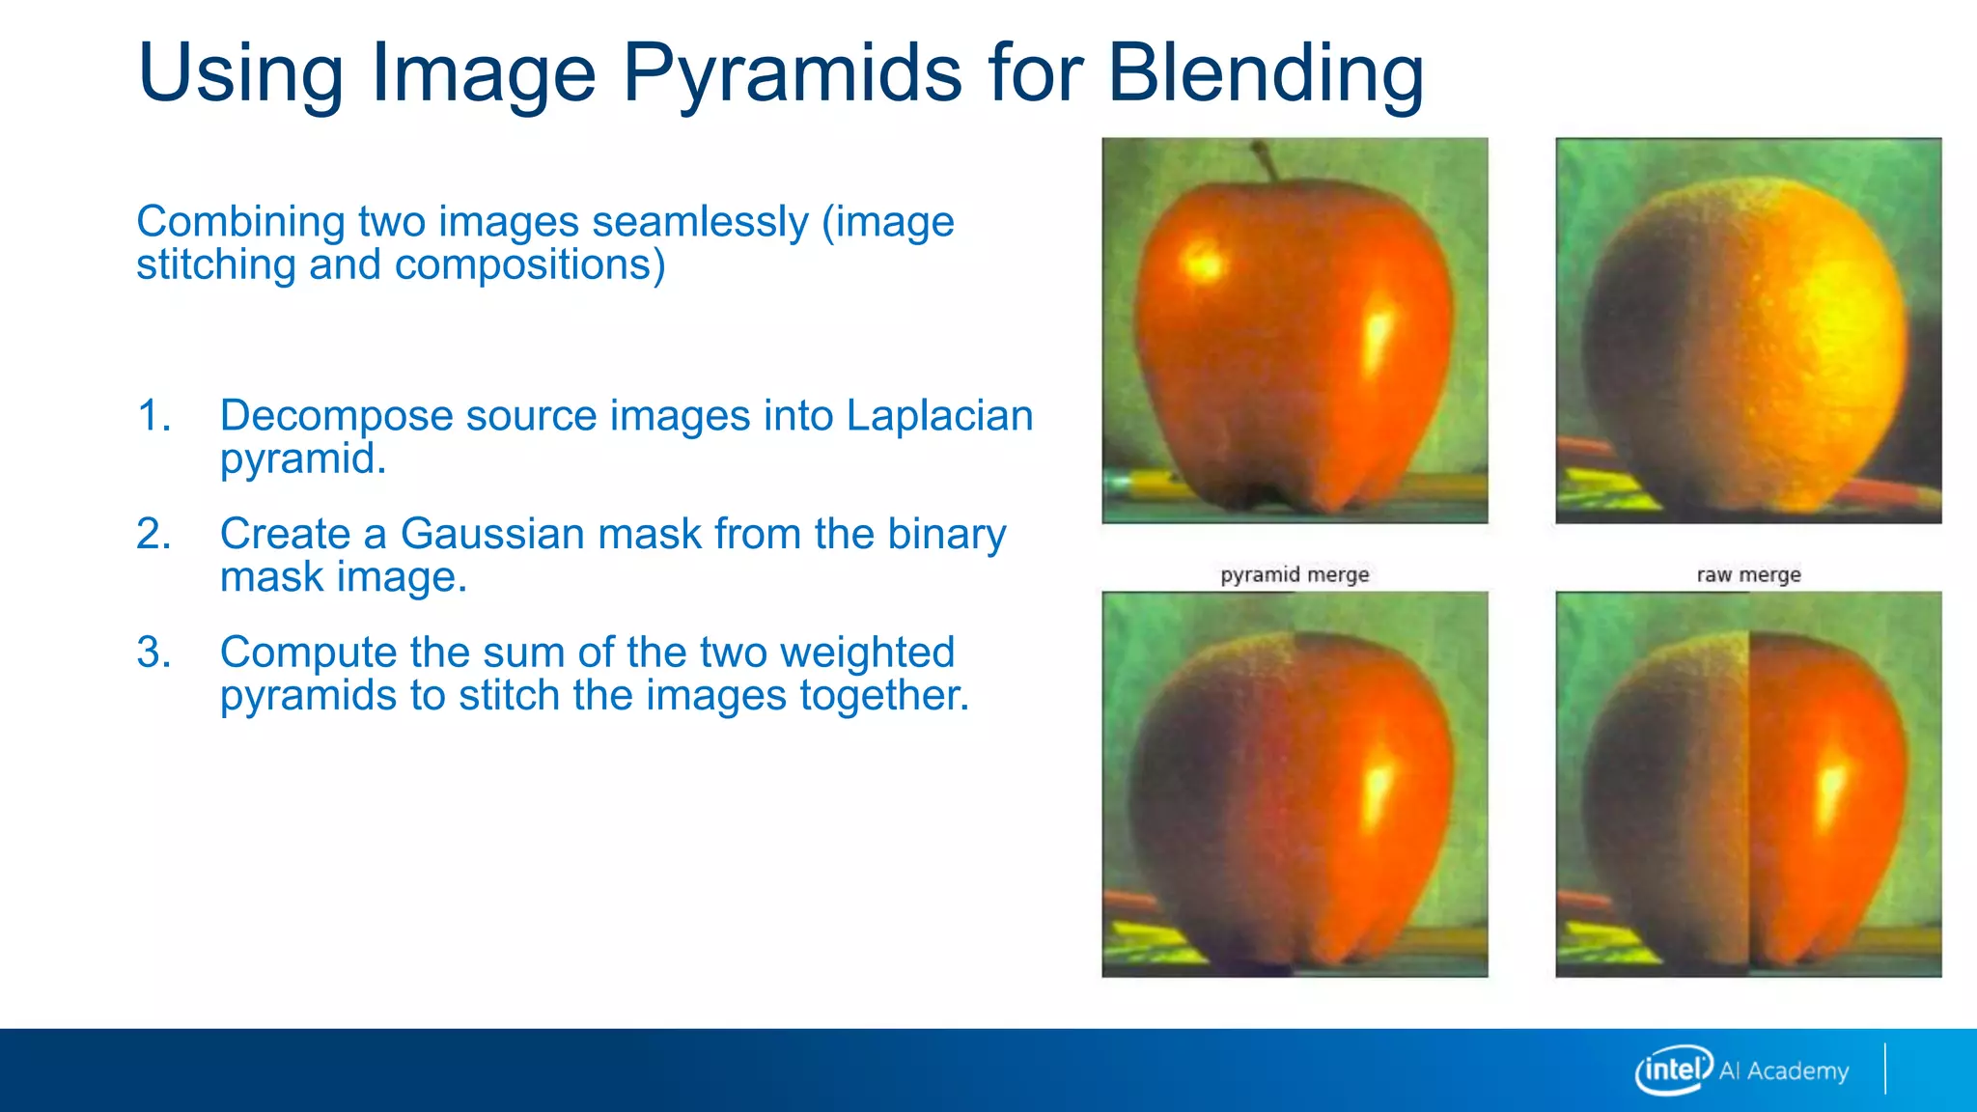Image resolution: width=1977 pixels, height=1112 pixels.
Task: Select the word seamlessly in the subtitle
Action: pos(700,222)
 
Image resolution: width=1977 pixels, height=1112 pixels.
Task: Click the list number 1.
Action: pos(153,416)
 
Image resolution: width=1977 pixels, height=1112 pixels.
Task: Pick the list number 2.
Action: pos(153,535)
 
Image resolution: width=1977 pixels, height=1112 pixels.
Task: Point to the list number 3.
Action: pos(153,653)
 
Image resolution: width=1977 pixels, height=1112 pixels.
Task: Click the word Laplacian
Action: pos(939,416)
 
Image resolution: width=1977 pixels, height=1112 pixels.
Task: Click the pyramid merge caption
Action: pos(1295,575)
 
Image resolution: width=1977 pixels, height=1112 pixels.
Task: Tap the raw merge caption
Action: pos(1748,575)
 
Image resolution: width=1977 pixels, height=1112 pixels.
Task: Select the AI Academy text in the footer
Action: pos(1784,1071)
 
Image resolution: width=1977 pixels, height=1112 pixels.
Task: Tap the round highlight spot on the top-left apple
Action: pos(1202,262)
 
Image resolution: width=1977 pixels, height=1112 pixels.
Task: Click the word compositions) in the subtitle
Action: pos(530,265)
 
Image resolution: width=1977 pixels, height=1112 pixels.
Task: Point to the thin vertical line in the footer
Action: pos(1884,1069)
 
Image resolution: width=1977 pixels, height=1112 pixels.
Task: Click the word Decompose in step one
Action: pos(337,417)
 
